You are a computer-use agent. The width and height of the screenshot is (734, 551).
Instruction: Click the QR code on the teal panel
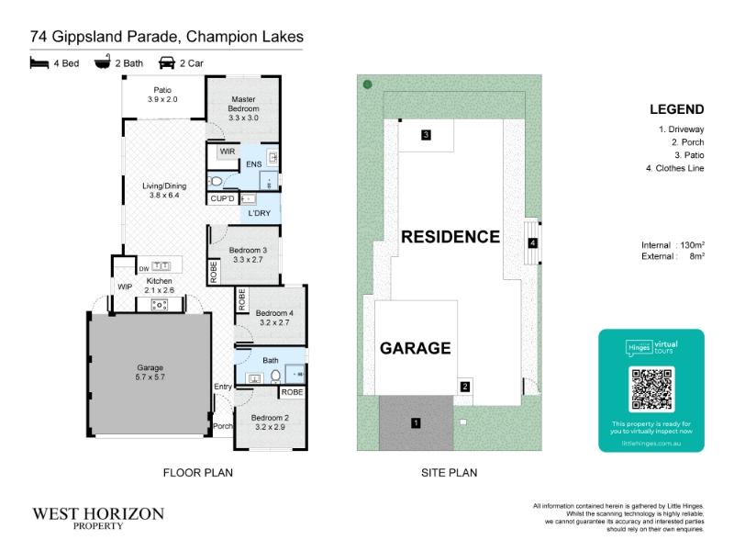pos(651,388)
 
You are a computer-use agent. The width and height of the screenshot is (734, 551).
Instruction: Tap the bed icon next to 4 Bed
pos(39,62)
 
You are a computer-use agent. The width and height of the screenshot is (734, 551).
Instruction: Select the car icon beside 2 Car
pos(167,62)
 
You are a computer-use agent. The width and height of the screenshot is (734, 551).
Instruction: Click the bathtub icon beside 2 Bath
pos(103,62)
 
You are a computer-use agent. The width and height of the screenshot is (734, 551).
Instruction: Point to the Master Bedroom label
pos(243,104)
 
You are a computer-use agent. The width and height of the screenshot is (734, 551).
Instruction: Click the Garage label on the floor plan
pos(150,368)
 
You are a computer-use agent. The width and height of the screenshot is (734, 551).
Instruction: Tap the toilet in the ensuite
pos(216,181)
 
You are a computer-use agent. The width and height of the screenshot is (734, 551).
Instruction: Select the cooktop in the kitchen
pos(160,305)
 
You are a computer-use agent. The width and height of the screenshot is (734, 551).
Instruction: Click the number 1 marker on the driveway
pos(416,423)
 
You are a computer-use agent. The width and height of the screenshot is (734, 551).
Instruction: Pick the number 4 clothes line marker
pos(532,243)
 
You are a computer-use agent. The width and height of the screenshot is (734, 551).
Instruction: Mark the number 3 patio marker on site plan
pos(426,135)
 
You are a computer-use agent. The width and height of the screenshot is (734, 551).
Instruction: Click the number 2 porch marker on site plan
pos(465,387)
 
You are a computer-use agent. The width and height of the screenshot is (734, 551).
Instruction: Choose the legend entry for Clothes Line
pos(674,168)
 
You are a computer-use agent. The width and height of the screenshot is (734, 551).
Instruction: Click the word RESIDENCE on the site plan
pos(450,237)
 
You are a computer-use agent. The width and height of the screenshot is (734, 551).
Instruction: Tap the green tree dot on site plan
pos(368,84)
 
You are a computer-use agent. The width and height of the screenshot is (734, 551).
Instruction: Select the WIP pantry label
pos(125,287)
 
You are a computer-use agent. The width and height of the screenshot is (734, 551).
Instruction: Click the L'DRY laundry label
pos(260,213)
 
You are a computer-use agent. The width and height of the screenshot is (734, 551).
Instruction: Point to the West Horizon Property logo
pos(98,518)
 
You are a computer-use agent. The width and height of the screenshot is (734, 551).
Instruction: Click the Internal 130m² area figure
pos(673,245)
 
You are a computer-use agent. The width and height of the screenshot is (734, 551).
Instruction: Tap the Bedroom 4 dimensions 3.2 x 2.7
pos(274,322)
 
